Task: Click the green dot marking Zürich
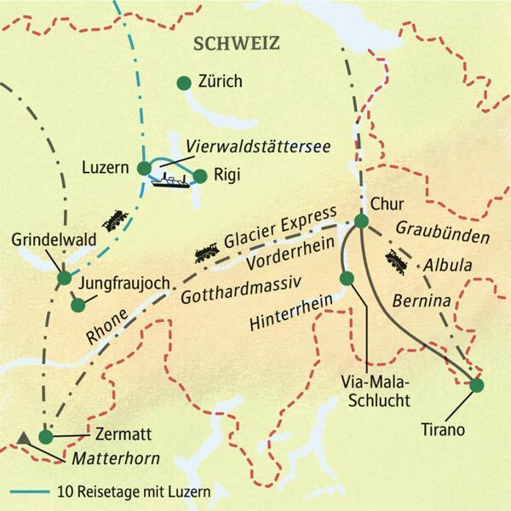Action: click(x=181, y=83)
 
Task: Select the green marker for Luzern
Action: click(x=143, y=168)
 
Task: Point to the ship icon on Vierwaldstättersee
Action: click(x=170, y=179)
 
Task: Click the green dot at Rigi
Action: click(x=200, y=176)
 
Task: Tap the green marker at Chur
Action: click(x=360, y=221)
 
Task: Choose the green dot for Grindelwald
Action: click(x=63, y=277)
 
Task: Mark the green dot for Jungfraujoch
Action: click(x=78, y=304)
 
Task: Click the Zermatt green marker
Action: click(x=46, y=436)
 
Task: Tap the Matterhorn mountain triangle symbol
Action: click(x=24, y=437)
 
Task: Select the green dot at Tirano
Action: click(x=476, y=385)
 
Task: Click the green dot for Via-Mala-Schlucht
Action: click(x=346, y=278)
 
